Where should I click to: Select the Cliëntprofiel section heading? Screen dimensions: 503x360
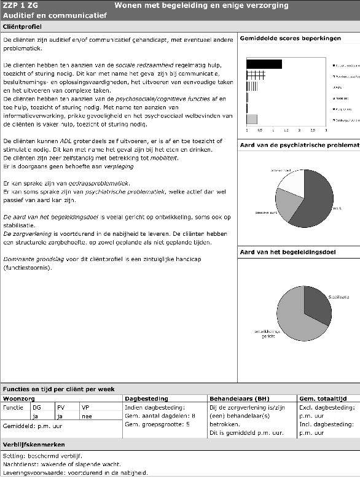(x=22, y=27)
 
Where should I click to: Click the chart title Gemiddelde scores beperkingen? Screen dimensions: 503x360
(x=290, y=38)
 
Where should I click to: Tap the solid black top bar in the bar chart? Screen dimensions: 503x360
(x=264, y=64)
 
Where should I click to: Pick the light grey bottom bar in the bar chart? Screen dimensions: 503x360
(x=252, y=119)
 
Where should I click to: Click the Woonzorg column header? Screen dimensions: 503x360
(x=18, y=399)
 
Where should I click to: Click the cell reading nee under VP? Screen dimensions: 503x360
(x=88, y=416)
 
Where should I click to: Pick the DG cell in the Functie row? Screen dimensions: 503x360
(x=37, y=407)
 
